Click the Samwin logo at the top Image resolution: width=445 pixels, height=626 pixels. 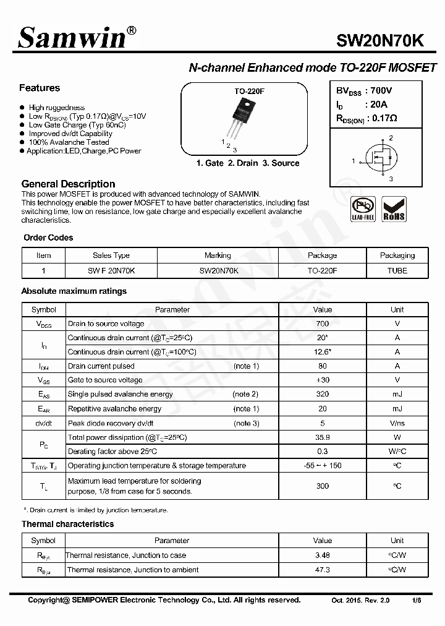[x=73, y=38]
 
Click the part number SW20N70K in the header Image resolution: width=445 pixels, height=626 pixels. [x=379, y=41]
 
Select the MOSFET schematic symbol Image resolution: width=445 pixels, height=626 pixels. [x=378, y=159]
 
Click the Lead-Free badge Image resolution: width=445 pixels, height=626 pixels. [x=363, y=209]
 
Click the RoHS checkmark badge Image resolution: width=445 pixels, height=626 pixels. [x=394, y=209]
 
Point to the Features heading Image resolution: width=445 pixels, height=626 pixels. [x=40, y=88]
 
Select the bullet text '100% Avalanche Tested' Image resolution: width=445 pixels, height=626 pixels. [x=69, y=142]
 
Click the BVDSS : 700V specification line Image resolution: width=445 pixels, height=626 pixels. [x=364, y=90]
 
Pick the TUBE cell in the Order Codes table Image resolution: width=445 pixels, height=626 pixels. [x=397, y=270]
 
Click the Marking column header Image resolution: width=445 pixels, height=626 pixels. [x=218, y=255]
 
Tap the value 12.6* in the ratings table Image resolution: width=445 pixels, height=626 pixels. [x=322, y=352]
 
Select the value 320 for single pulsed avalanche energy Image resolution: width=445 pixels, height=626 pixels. [x=322, y=394]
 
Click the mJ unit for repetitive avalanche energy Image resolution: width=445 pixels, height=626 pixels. [x=397, y=409]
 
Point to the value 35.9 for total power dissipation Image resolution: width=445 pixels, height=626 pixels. [x=322, y=437]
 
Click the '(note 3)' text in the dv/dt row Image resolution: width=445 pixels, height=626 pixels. [x=246, y=423]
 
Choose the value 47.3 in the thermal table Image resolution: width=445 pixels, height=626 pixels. [x=322, y=570]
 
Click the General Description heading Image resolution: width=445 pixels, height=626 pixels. [x=68, y=184]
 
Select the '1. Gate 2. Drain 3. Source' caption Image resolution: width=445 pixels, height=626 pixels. [x=247, y=163]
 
